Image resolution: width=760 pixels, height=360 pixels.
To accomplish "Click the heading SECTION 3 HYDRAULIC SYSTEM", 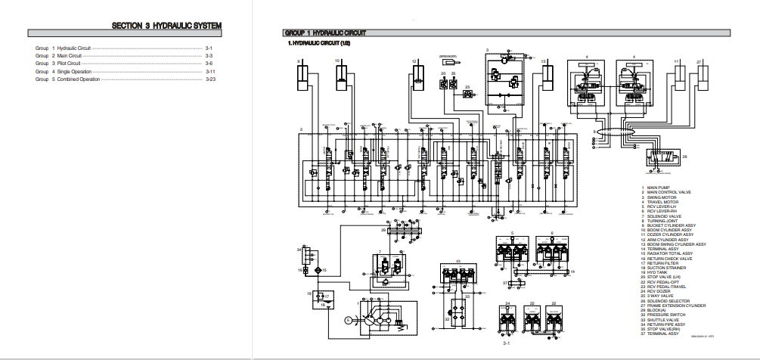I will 166,26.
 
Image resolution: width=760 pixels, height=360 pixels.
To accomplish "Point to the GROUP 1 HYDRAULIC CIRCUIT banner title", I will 324,33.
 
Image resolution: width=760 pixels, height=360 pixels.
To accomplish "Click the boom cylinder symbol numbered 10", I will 341,76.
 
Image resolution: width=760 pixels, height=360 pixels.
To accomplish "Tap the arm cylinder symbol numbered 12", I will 417,76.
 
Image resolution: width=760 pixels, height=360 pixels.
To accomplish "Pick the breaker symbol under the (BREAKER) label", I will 454,65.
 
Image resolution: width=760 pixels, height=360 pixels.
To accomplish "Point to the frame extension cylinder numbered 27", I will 705,76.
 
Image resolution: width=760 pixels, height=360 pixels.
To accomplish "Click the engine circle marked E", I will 348,320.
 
